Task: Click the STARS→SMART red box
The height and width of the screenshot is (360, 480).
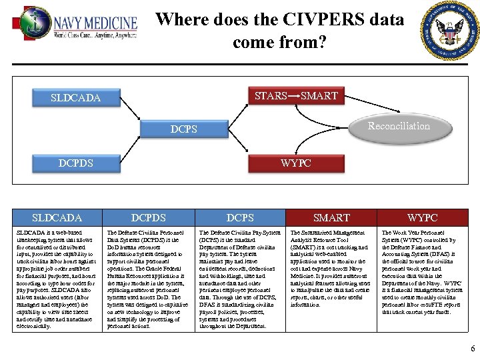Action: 296,96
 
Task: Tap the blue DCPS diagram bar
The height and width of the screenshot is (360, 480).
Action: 183,129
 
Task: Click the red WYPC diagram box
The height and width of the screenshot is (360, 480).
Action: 295,163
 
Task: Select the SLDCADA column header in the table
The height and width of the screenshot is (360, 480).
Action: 57,217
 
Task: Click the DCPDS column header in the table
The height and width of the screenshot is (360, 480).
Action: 149,217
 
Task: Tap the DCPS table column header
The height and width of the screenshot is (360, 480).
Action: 240,217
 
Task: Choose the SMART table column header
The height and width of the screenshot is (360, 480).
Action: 331,217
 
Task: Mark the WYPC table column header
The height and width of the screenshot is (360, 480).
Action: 423,217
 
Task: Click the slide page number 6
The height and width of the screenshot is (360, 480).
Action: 472,349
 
